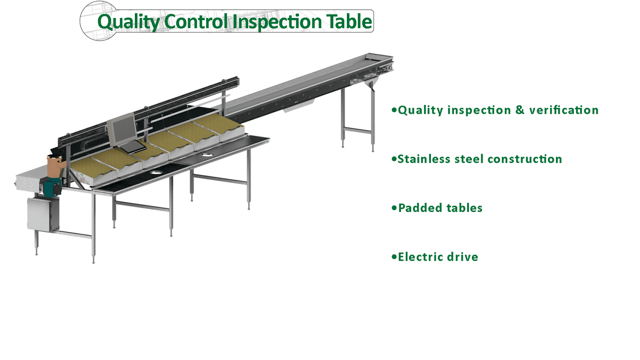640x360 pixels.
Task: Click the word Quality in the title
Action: [x=128, y=22]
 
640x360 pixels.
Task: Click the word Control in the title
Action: [x=196, y=22]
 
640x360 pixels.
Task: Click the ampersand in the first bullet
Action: [x=520, y=110]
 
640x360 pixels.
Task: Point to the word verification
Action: [x=564, y=110]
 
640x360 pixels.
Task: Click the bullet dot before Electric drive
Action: [x=394, y=257]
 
